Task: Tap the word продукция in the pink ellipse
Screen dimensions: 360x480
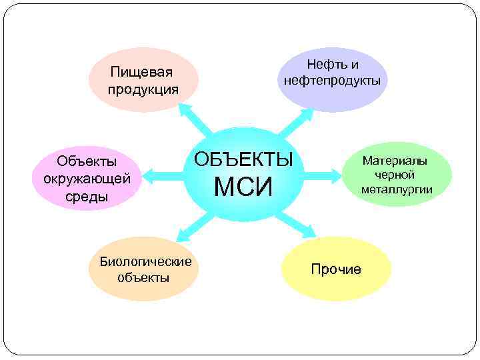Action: pos(144,89)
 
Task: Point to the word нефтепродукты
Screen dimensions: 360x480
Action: pos(332,81)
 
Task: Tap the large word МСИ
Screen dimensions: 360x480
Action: pos(243,187)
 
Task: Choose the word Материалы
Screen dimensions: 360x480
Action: pos(395,161)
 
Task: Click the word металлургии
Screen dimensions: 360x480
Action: pos(397,189)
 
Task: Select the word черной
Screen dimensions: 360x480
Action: pos(395,175)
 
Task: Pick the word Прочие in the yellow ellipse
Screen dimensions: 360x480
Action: pos(336,269)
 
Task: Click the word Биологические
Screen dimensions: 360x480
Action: pos(145,261)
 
